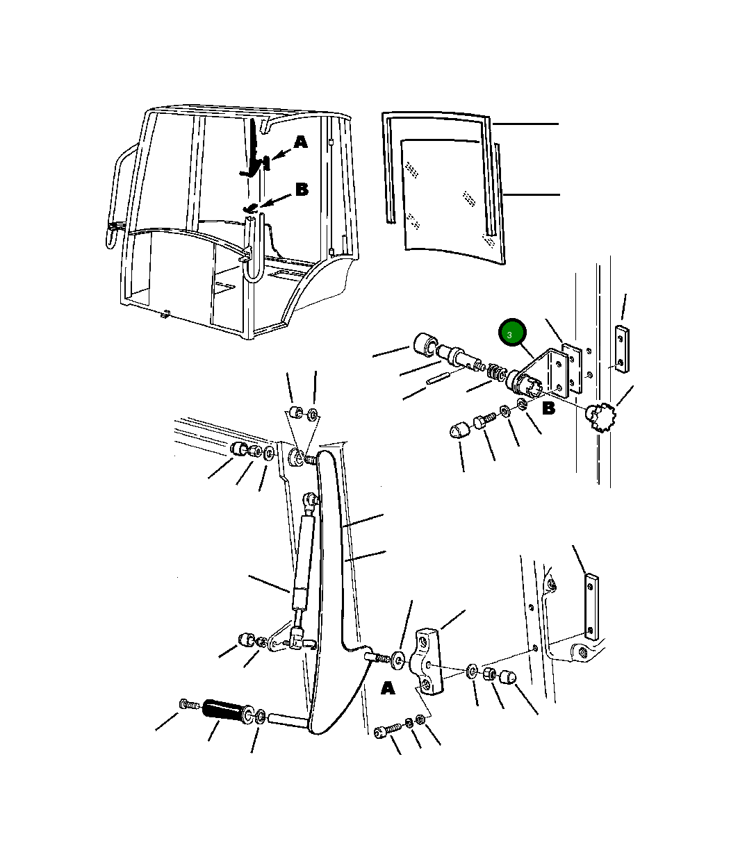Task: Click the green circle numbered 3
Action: point(512,332)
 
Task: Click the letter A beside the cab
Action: point(300,142)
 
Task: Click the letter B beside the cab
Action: point(302,190)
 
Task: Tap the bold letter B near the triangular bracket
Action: point(548,409)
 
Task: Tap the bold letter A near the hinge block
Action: point(388,687)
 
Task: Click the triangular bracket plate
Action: point(546,373)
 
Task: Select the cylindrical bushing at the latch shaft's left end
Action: point(424,344)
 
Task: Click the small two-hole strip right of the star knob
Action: point(621,349)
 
